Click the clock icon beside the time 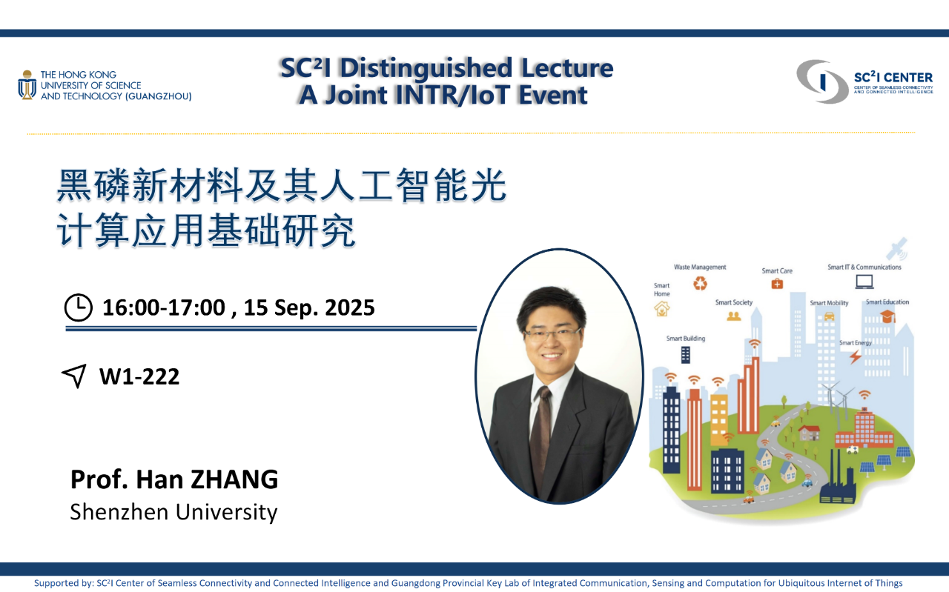click(79, 307)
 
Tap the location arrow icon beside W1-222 click(75, 375)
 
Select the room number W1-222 click(139, 376)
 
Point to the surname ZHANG click(234, 479)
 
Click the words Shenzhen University click(173, 512)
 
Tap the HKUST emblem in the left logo click(27, 85)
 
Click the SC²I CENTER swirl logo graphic click(822, 82)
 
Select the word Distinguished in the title click(426, 68)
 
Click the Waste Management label click(700, 267)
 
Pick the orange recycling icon click(700, 283)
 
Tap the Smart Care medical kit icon click(777, 284)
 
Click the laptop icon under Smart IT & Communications click(864, 282)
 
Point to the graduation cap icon click(887, 316)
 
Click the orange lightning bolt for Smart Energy click(856, 356)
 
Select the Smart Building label click(686, 339)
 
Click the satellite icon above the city click(897, 248)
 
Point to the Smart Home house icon click(662, 309)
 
